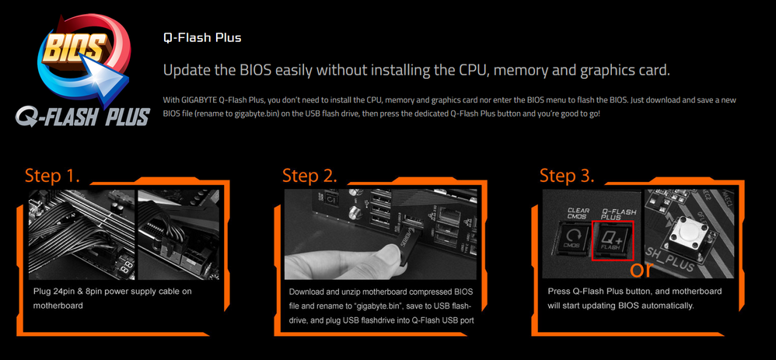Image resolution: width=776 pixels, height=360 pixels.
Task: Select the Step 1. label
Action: coord(51,174)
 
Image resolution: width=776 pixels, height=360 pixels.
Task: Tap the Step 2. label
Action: coord(309,174)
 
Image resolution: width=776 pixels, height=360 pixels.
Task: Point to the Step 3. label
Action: coord(566,174)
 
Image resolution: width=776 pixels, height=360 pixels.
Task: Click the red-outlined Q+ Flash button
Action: coord(614,240)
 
